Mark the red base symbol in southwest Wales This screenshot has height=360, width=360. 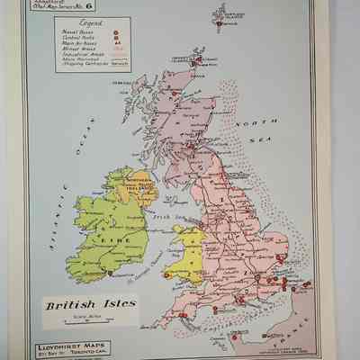pyautogui.click(x=166, y=274)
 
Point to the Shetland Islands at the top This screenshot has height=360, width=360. pyautogui.click(x=221, y=18)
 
